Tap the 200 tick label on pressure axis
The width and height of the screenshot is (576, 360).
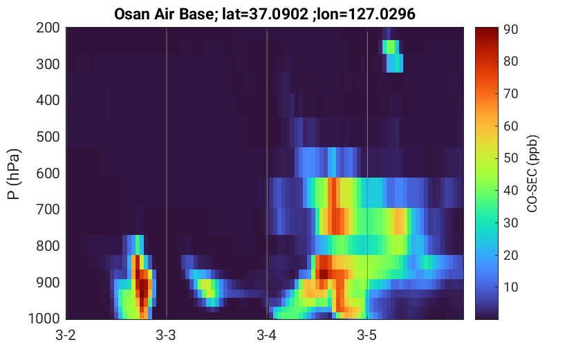pos(48,28)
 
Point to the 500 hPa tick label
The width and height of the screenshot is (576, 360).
pos(48,137)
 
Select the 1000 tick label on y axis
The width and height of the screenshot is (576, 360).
pos(44,319)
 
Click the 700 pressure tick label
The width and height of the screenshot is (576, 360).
pos(48,209)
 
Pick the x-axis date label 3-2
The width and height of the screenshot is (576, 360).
pos(66,335)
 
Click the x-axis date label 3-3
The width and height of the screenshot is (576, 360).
pos(166,335)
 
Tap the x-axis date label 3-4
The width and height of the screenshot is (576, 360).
pos(267,335)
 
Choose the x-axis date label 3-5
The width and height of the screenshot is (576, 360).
pos(367,335)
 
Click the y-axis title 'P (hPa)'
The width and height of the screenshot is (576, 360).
pos(14,174)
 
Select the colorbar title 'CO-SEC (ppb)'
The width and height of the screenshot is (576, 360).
pos(532,173)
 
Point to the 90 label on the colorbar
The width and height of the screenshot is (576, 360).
pos(511,29)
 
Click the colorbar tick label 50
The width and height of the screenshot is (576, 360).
pos(511,158)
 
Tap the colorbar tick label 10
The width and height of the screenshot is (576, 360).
pos(511,287)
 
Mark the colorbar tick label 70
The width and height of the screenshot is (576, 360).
pos(511,93)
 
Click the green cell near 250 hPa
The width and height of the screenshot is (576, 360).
pos(389,47)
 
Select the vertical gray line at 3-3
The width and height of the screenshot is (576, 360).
pos(167,173)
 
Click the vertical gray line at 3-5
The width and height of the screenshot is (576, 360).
pos(367,173)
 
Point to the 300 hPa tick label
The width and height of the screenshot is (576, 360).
pos(48,64)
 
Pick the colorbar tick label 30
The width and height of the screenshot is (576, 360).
pos(511,222)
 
